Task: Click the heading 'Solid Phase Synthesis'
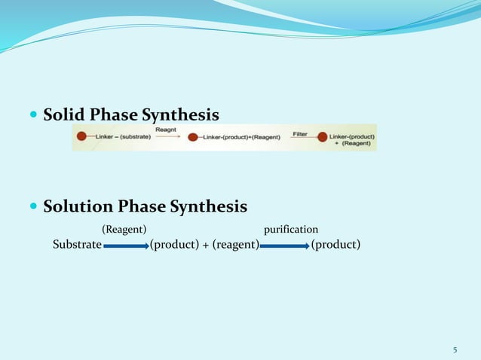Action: (x=131, y=115)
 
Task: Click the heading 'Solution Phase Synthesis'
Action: (x=145, y=206)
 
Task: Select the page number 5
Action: (x=455, y=349)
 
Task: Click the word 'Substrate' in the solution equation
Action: (x=77, y=245)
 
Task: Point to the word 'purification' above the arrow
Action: (x=290, y=229)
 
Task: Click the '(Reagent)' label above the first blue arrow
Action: (x=124, y=229)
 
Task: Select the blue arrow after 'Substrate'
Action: (x=126, y=246)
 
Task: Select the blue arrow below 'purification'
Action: (x=285, y=246)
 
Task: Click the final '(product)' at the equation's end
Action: (x=335, y=245)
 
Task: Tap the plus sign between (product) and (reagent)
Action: (x=205, y=245)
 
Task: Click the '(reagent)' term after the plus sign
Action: (x=235, y=245)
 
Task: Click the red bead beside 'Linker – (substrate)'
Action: (x=81, y=137)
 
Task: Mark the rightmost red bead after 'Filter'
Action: (x=323, y=137)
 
